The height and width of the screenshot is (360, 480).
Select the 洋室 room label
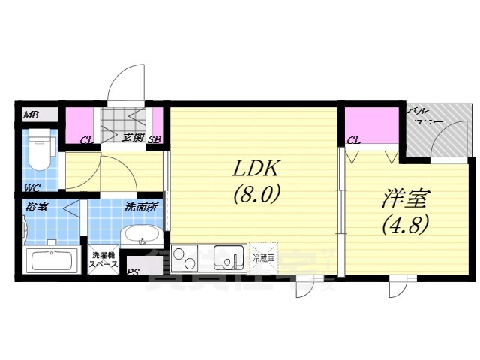401,199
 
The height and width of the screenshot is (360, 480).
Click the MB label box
31,115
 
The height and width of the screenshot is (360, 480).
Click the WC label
31,187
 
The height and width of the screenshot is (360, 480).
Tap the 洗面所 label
142,207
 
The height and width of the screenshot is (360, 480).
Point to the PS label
133,273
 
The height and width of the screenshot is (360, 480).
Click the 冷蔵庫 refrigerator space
263,256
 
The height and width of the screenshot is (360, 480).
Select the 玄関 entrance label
133,138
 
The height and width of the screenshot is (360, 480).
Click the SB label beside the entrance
155,139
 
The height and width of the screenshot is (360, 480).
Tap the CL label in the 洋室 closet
354,139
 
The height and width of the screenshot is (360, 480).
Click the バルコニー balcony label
425,116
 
